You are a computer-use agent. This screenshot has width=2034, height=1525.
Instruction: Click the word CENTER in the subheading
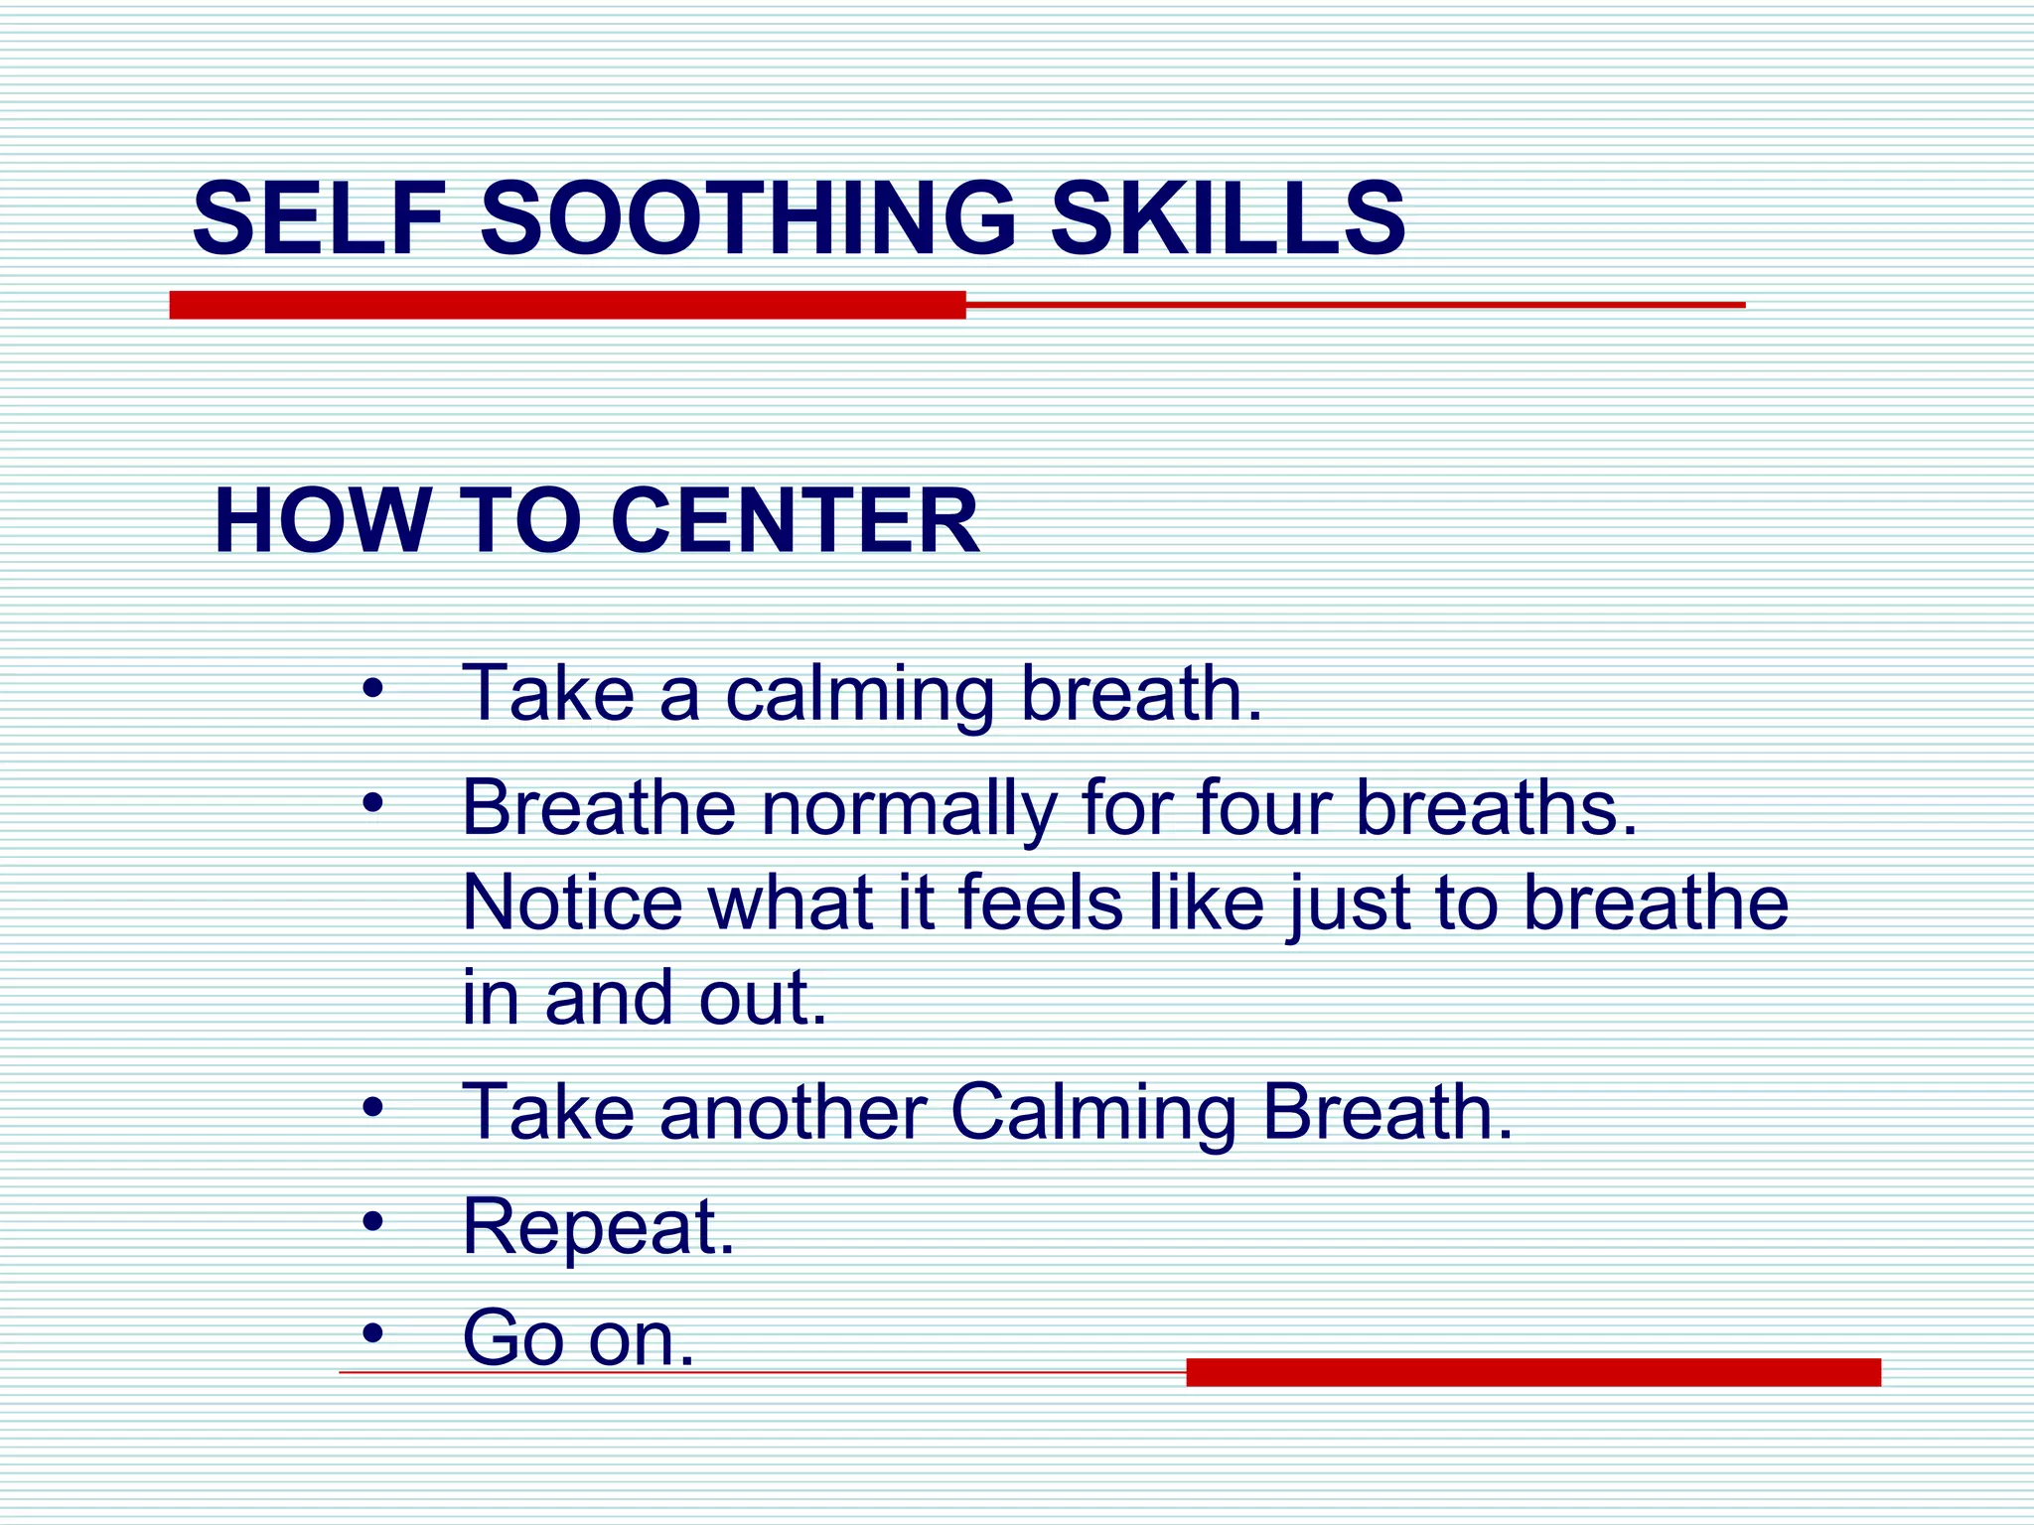click(x=795, y=521)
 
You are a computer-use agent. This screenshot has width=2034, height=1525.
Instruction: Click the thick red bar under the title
click(x=567, y=305)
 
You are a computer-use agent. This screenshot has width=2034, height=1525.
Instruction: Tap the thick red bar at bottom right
click(x=1532, y=1372)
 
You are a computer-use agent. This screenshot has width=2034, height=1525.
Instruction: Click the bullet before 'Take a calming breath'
click(x=372, y=687)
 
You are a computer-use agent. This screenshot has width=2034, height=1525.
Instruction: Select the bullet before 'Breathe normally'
click(x=372, y=801)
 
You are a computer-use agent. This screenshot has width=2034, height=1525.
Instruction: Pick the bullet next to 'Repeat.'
click(x=372, y=1220)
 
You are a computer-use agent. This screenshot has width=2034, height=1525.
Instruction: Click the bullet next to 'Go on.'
click(x=372, y=1332)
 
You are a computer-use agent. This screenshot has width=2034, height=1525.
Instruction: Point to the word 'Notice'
click(x=573, y=902)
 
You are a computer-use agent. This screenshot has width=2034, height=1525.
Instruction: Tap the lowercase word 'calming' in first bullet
click(x=859, y=695)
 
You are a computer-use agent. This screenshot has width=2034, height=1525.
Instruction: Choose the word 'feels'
click(x=1040, y=902)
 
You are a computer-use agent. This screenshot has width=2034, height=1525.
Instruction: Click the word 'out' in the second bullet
click(x=763, y=998)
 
